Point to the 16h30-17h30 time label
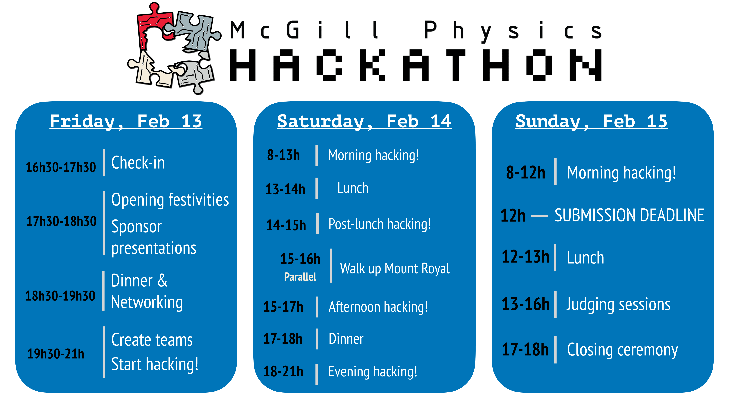(x=61, y=167)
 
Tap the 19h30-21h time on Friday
(x=56, y=354)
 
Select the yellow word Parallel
(x=300, y=277)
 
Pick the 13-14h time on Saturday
(x=285, y=189)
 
